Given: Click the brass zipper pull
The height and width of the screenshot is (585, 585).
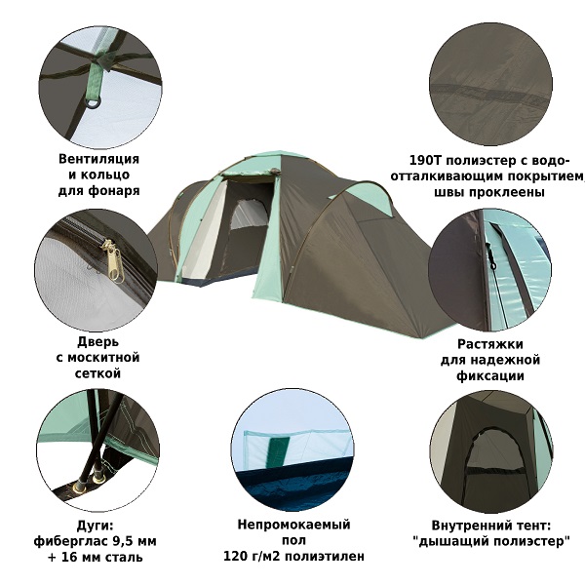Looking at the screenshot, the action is point(114,260).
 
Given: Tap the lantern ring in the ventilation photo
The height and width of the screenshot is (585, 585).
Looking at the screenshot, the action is point(94,102).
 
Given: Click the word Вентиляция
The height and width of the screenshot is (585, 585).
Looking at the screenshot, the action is point(98,159).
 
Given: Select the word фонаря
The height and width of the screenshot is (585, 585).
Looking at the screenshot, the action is point(114,191).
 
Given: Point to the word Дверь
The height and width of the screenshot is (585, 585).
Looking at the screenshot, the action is point(97,342).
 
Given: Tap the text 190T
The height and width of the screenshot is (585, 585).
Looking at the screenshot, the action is point(425,161).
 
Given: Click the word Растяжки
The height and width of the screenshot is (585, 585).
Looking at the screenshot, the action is point(490,344).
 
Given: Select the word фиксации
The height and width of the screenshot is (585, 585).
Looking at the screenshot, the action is point(490,375).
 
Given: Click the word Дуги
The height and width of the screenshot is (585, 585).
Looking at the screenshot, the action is point(95,526).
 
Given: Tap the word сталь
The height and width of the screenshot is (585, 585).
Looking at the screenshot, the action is point(123,558).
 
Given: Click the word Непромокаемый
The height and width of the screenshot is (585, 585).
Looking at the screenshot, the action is point(293,525).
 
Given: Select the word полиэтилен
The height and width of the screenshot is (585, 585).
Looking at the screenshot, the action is point(325,557).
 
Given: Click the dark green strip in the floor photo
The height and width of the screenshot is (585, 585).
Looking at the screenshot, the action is point(280,451).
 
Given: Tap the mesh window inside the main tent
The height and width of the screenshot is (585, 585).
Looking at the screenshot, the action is point(250,214).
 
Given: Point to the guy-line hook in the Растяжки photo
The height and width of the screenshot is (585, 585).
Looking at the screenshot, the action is point(490,257).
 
